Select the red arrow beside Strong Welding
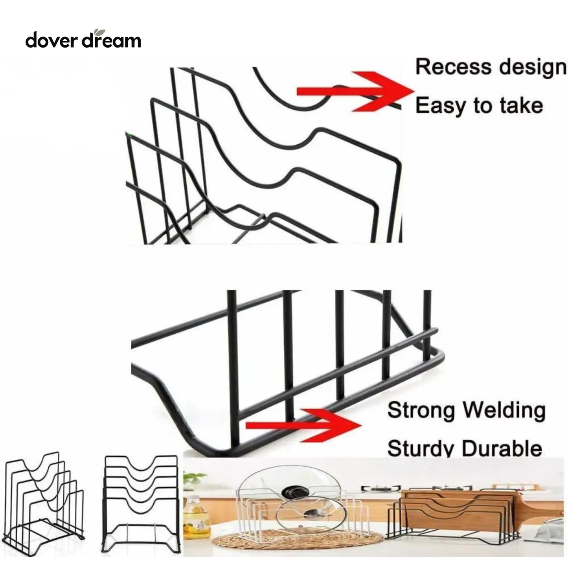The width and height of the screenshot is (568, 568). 303,425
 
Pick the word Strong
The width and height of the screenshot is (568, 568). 422,411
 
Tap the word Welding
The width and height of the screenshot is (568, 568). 504,411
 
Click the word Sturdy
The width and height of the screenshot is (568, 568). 421,449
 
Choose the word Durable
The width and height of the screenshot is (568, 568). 502,449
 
